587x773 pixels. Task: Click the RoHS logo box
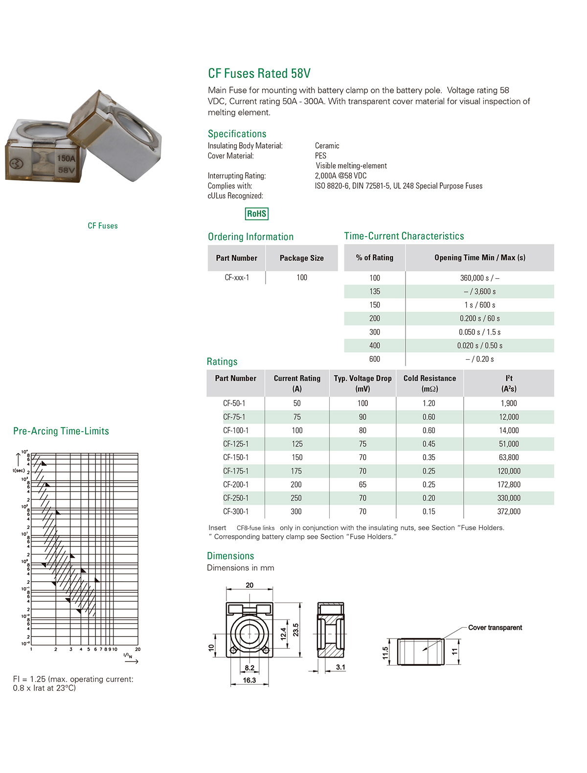(257, 214)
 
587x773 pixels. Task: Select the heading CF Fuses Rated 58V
(259, 73)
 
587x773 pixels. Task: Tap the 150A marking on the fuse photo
(67, 158)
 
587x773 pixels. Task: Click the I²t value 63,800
(509, 458)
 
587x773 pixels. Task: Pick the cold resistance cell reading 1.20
(429, 403)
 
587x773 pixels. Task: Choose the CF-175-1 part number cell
(236, 471)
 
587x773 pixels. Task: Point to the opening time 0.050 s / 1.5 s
(479, 332)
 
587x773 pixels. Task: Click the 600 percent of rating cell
(375, 359)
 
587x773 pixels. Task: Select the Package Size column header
(302, 258)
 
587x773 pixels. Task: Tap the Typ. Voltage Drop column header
(362, 383)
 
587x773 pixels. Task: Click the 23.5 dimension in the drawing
(295, 630)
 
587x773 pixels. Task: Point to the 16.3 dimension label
(249, 680)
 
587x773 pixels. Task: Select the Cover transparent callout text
(495, 628)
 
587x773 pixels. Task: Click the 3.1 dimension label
(341, 667)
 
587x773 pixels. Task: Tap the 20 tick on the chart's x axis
(138, 649)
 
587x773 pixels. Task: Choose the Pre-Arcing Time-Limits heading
(61, 431)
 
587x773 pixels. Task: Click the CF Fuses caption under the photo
(103, 226)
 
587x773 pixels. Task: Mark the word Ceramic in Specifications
(327, 146)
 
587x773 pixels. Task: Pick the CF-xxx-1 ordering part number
(237, 278)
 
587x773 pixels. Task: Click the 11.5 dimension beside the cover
(385, 653)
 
